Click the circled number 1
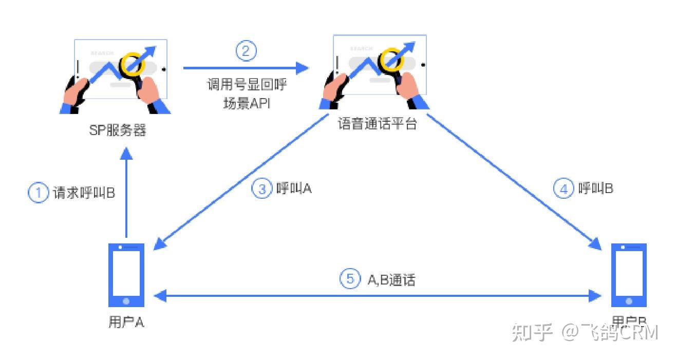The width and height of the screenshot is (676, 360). point(37,193)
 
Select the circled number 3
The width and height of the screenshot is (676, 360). point(261,188)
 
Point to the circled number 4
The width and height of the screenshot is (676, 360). point(564,188)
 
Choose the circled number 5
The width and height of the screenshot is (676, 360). point(350,279)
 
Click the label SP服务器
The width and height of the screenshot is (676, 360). point(118,130)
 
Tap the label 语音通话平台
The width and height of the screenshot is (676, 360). point(377,124)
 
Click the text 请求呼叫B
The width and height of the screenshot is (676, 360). point(84,193)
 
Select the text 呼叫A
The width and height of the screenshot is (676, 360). point(294,188)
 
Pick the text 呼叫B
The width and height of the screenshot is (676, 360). point(595,188)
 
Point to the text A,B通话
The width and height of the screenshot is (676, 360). point(391,279)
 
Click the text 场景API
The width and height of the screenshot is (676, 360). point(246,103)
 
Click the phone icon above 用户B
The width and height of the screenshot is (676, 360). point(629,275)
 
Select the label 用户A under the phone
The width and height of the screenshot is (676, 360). point(126,322)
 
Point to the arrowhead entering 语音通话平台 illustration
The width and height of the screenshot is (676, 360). point(303,67)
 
